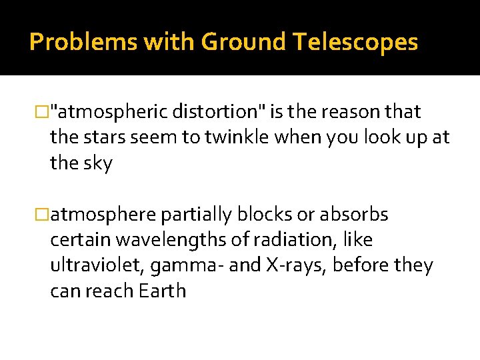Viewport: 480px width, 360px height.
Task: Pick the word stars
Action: click(105, 138)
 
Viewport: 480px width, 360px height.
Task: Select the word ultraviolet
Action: click(97, 265)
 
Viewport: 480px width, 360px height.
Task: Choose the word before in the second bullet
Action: click(364, 265)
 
